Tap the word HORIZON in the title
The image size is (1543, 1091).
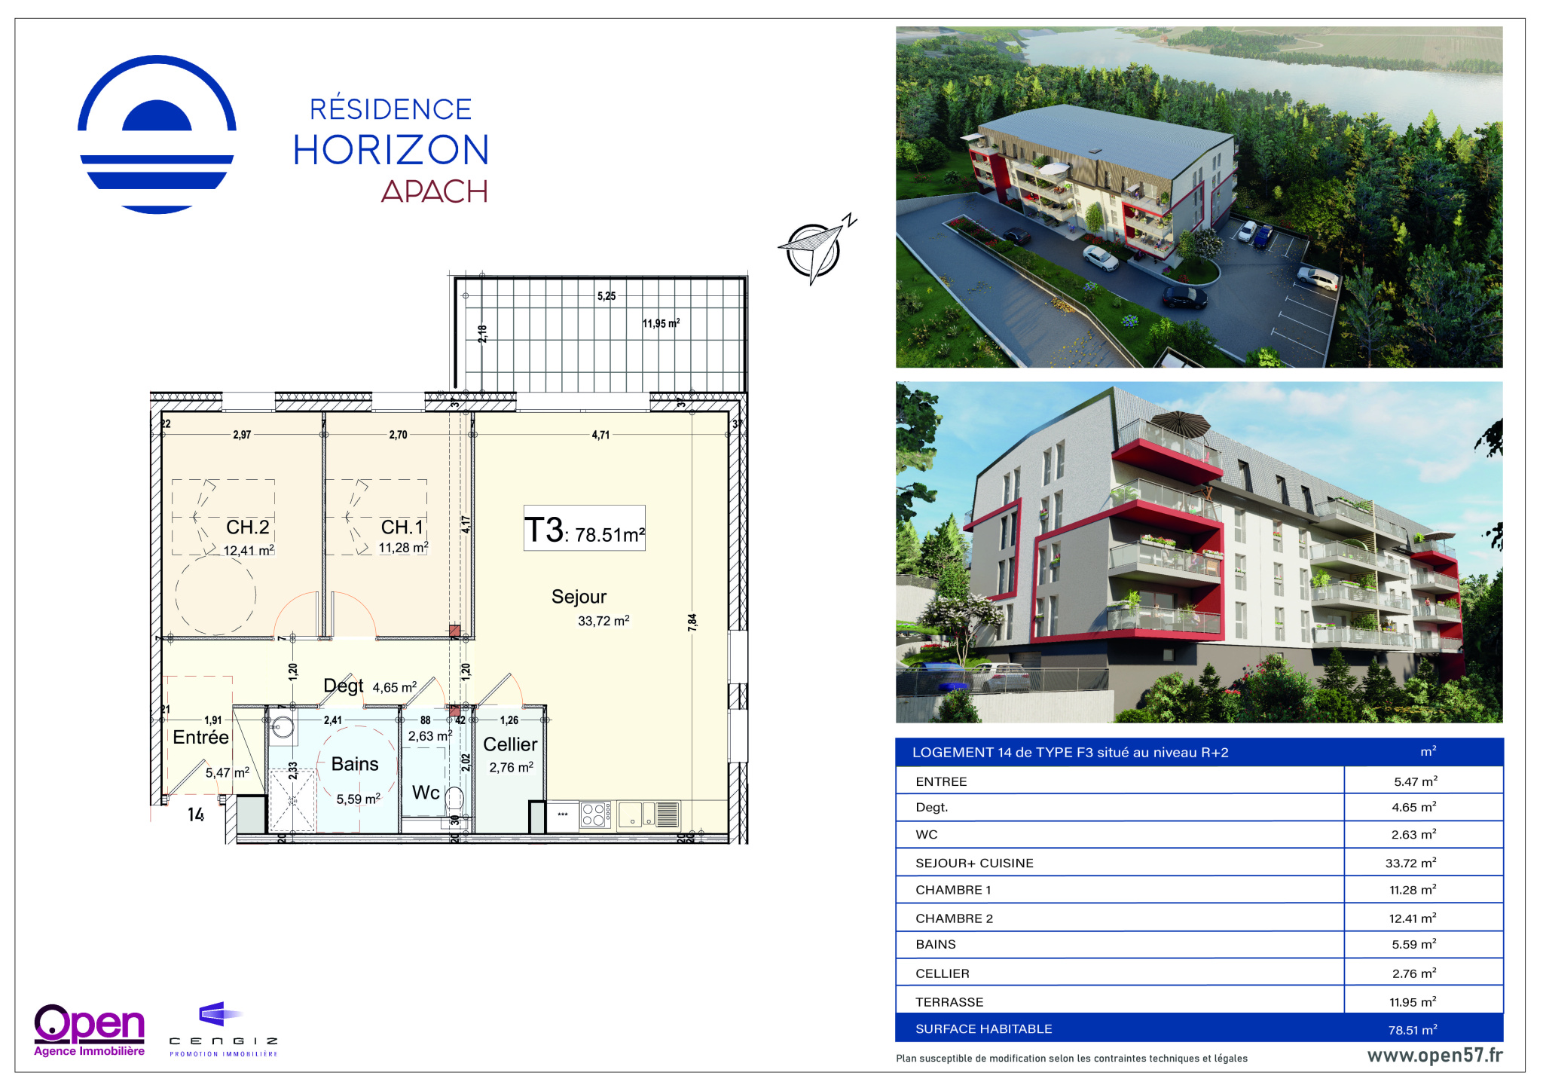[391, 150]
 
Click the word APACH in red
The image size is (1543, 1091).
[434, 191]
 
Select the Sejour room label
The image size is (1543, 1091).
[579, 597]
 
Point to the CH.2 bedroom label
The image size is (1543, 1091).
[247, 527]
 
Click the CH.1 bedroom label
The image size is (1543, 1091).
[402, 527]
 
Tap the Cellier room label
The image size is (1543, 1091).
[510, 744]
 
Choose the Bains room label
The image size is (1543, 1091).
[355, 764]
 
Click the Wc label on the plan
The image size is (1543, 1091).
[426, 793]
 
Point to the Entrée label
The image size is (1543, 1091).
[200, 737]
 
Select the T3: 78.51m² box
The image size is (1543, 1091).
[585, 528]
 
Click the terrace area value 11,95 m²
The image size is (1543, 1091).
[661, 323]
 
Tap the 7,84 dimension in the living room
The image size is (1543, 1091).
[692, 622]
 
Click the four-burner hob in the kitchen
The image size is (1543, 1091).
[594, 815]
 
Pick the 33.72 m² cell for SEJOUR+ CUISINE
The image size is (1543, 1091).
[1410, 863]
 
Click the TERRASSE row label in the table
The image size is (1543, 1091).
[949, 1002]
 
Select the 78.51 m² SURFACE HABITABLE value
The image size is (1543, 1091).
[1413, 1030]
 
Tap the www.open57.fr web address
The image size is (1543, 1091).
[1435, 1056]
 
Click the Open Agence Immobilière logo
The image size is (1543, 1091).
[89, 1030]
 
